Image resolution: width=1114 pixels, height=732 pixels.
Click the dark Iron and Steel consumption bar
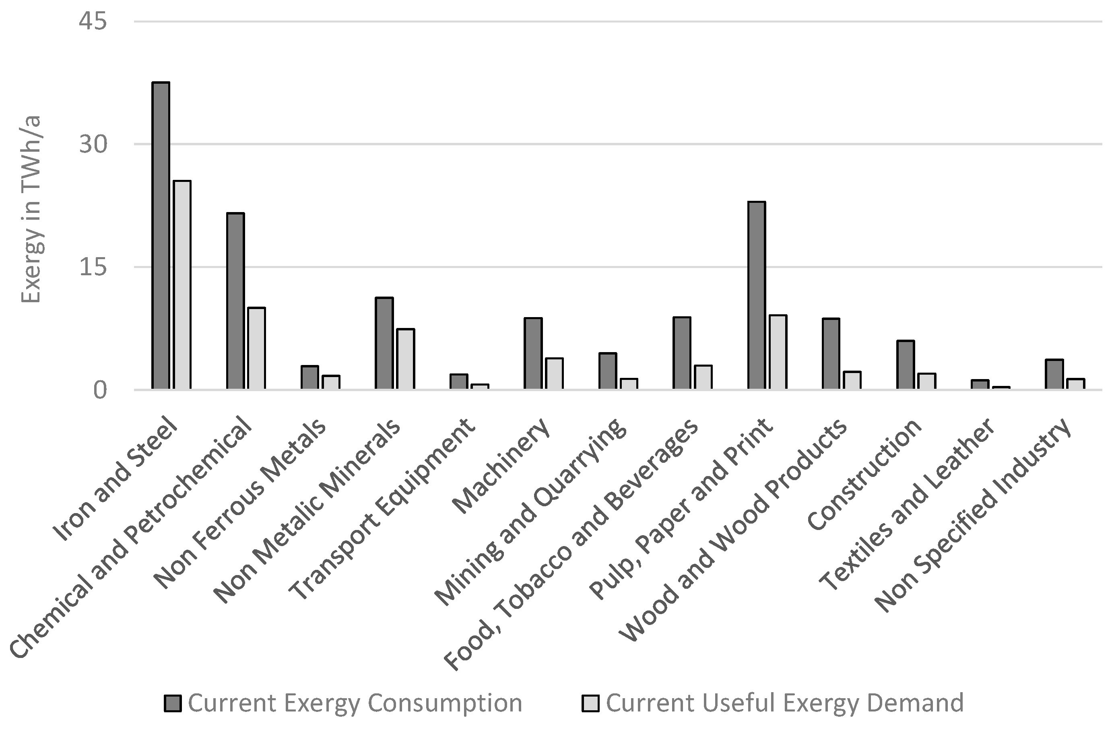pos(161,235)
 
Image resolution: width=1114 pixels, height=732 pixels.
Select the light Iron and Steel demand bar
pos(182,285)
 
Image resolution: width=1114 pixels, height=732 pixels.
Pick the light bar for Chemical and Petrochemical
pos(256,348)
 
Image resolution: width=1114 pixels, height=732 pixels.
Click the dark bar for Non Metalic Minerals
pos(384,343)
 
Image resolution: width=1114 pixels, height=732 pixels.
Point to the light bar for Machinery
pos(554,373)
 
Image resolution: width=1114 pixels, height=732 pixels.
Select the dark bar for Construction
pos(905,365)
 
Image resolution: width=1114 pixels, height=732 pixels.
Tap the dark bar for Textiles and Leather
pos(980,384)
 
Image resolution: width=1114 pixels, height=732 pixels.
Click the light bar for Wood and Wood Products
pos(852,380)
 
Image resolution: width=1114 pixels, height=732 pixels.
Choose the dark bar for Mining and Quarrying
pos(608,371)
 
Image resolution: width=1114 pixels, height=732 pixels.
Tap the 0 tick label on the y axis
pos(100,390)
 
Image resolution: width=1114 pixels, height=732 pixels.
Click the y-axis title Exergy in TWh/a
pos(31,209)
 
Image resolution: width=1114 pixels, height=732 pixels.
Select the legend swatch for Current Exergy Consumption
pos(173,703)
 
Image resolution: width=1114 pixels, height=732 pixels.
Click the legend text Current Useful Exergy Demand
pos(785,703)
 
